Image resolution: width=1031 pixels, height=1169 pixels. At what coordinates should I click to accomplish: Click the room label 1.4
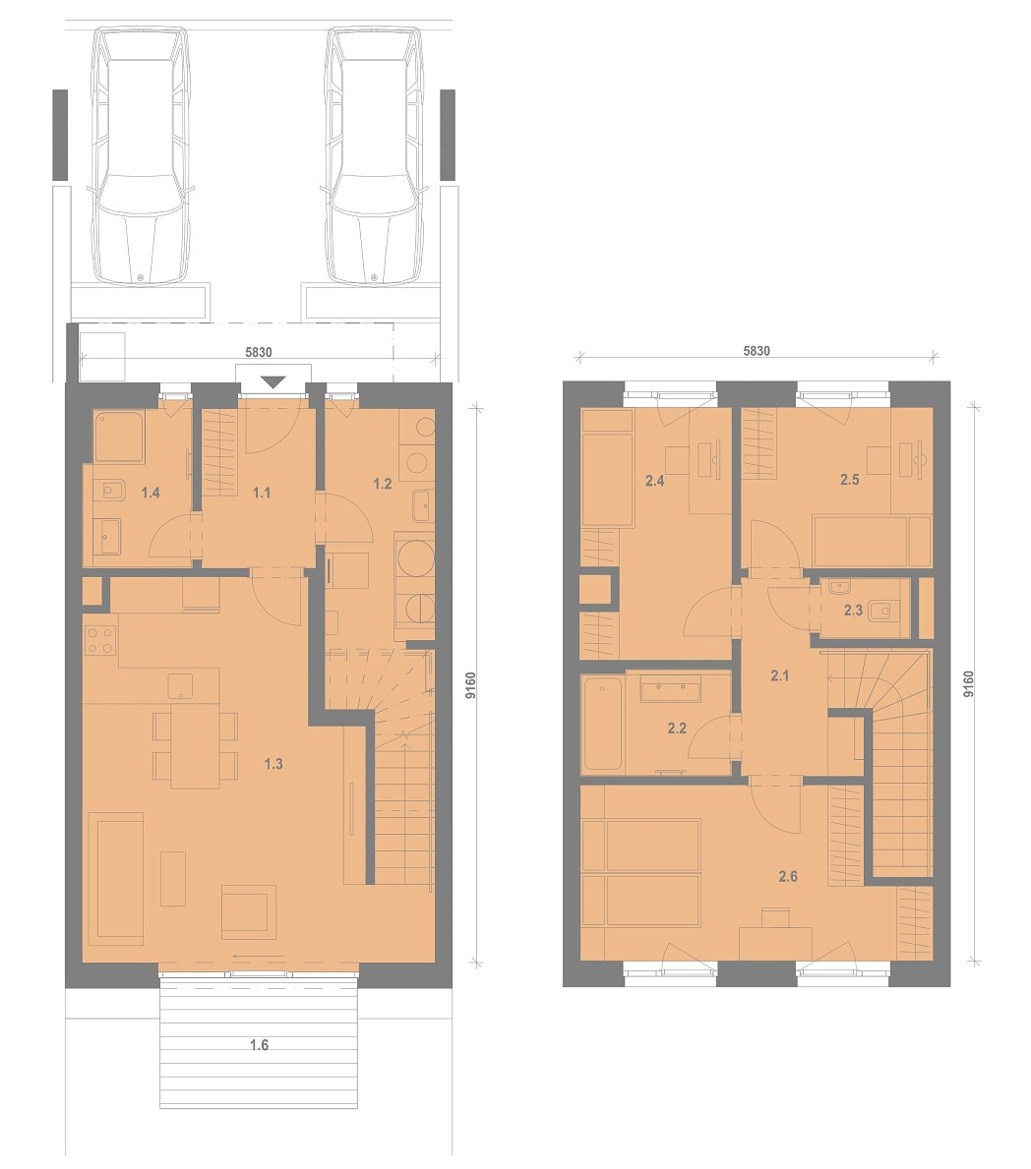[x=151, y=493]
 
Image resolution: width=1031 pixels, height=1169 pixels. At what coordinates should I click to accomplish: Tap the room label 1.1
[x=261, y=493]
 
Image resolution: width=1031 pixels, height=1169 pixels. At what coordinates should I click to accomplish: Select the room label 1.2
[x=382, y=484]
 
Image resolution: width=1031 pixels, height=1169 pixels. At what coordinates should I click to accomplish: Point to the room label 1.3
[x=273, y=763]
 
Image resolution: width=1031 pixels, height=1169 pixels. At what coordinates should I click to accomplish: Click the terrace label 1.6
[x=259, y=1045]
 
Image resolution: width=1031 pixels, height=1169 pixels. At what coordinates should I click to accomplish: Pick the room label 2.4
[x=655, y=481]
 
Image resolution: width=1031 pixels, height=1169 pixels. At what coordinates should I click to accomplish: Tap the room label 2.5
[x=849, y=480]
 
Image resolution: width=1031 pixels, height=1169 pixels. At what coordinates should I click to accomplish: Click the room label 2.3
[x=853, y=611]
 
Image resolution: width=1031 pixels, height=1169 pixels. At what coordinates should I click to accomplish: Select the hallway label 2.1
[x=779, y=676]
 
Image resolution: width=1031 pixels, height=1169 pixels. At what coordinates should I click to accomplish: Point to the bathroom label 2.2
[x=677, y=729]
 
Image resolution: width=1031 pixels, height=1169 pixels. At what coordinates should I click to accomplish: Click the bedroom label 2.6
[x=788, y=877]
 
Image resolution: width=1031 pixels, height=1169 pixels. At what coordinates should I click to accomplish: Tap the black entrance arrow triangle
[x=273, y=382]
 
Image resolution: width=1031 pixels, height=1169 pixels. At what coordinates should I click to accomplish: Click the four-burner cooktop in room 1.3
[x=100, y=640]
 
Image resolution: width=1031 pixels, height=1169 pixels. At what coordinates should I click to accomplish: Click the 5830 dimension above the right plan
[x=756, y=351]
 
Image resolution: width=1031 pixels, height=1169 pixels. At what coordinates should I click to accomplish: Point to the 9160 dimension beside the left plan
[x=470, y=684]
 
